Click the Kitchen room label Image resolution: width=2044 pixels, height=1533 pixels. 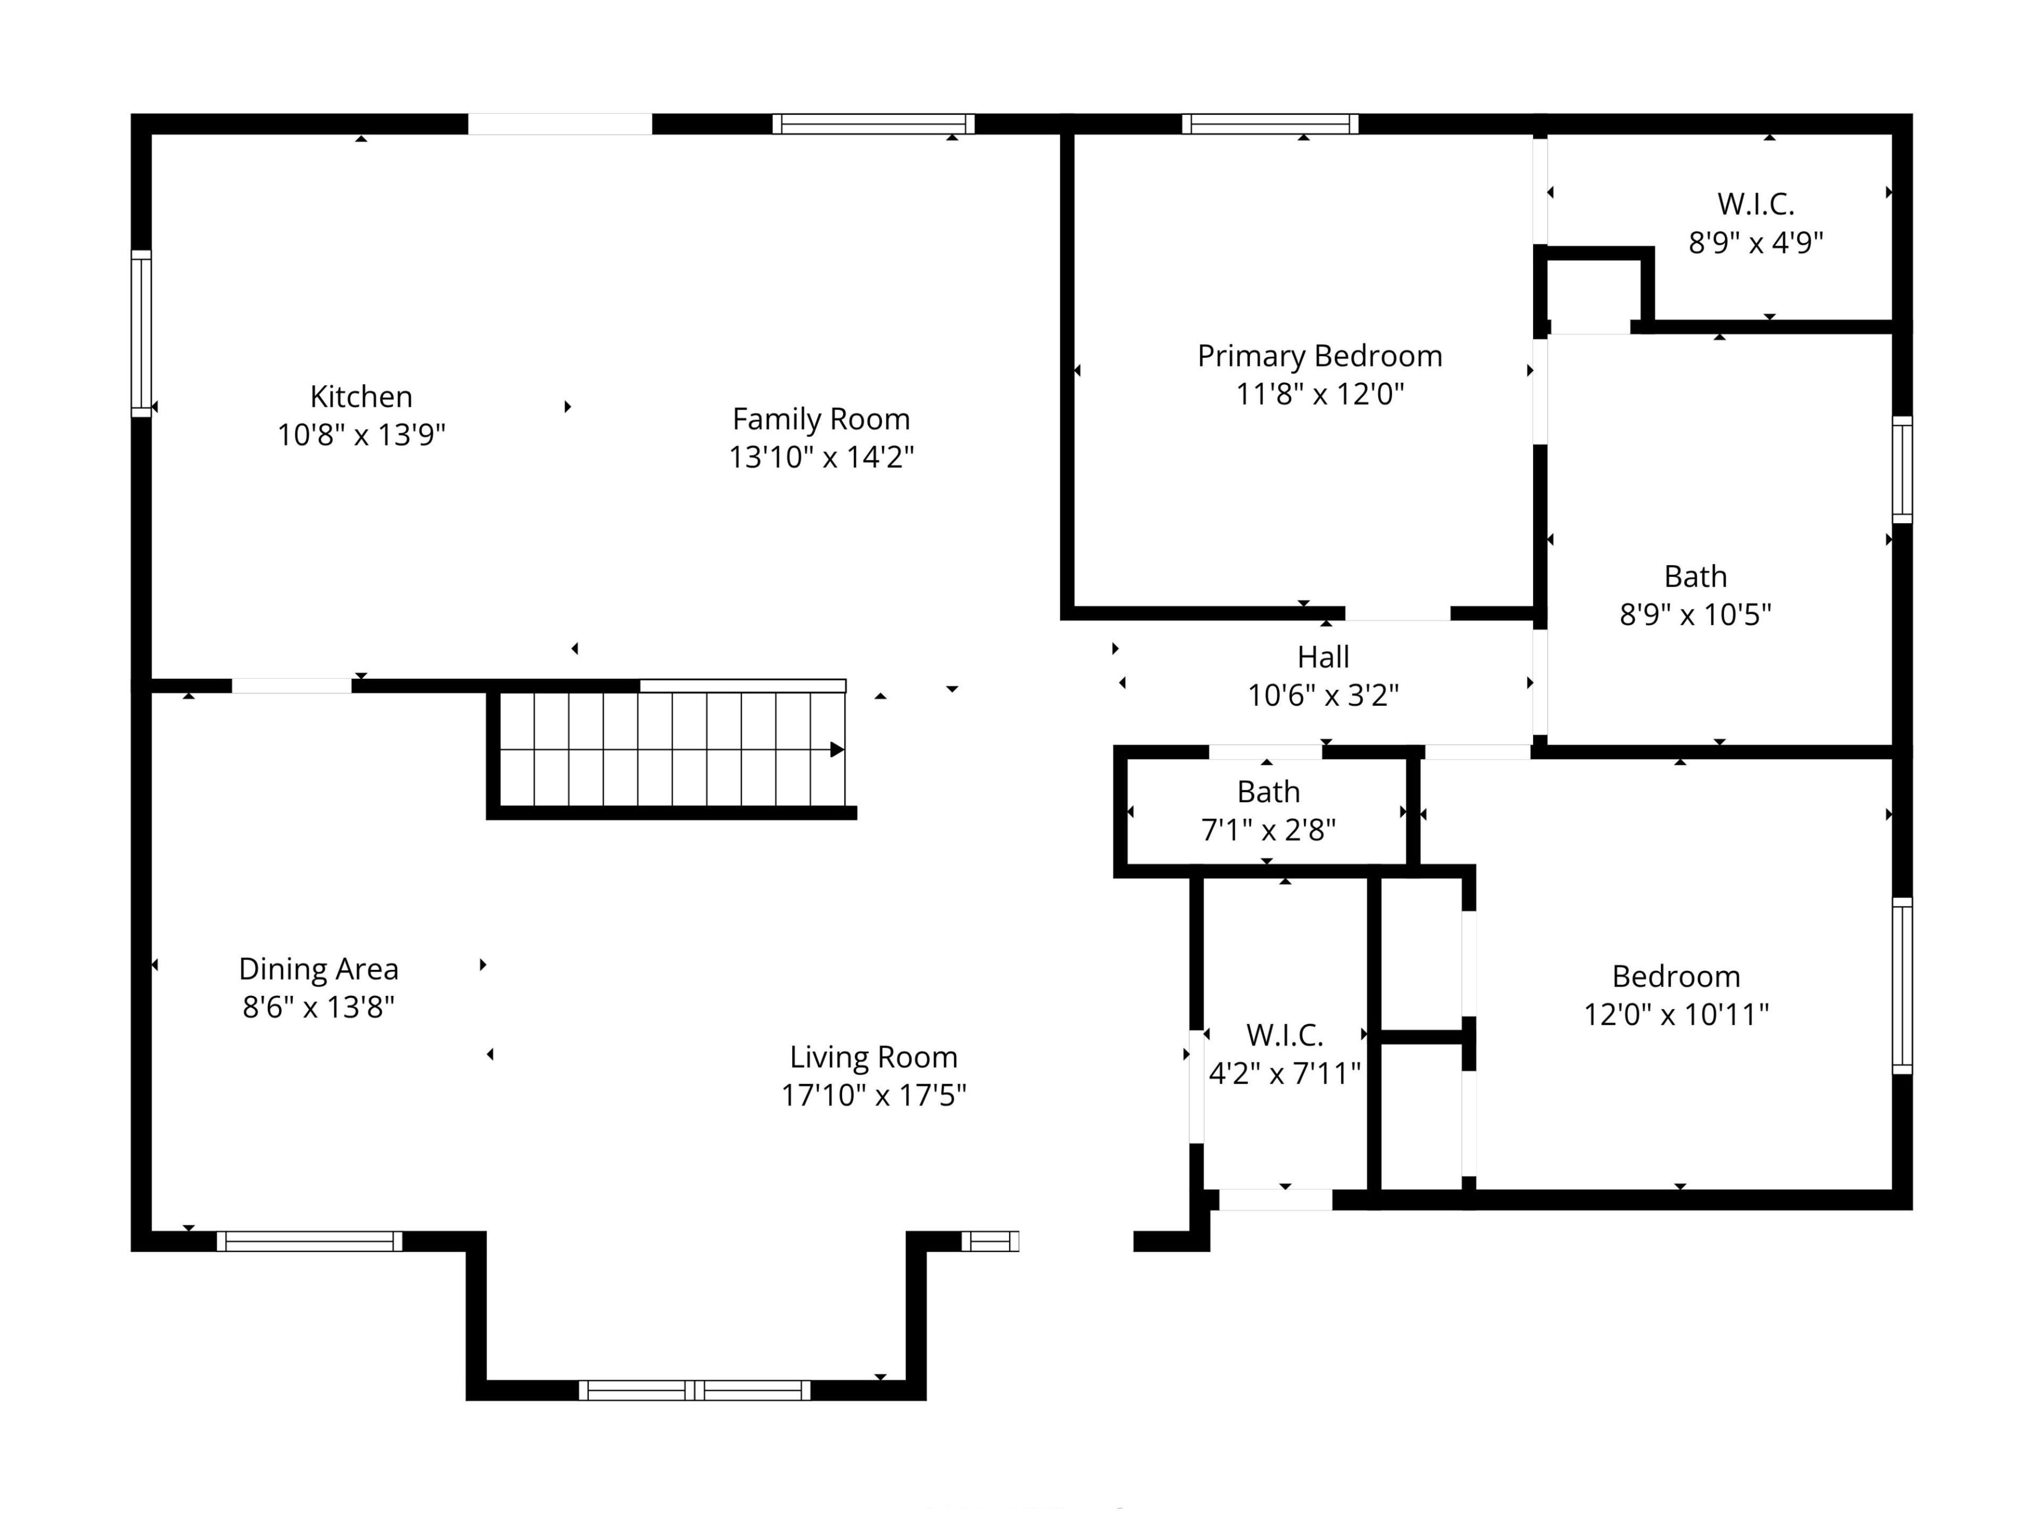coord(361,397)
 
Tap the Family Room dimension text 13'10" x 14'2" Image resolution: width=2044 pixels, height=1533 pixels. coord(821,457)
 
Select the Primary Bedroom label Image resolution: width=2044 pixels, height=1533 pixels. coord(1320,356)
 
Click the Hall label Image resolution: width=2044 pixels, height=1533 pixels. coord(1323,657)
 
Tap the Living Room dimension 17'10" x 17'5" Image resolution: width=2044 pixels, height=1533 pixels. coord(874,1095)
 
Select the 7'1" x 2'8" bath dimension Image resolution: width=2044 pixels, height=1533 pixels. coord(1269,830)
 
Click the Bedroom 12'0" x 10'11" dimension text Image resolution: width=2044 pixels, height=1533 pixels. coord(1676,1015)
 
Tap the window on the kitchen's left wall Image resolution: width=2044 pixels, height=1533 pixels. coord(142,334)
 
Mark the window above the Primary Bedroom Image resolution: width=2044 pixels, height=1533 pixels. coord(1271,124)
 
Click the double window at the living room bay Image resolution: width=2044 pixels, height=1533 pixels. coord(695,1390)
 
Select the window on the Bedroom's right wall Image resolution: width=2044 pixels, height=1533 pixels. coord(1902,985)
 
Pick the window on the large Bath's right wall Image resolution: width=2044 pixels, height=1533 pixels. coord(1902,469)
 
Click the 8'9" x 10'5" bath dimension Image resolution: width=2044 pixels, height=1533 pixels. coord(1696,614)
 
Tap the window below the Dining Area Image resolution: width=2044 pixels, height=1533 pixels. coord(310,1241)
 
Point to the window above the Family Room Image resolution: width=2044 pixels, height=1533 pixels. coord(874,124)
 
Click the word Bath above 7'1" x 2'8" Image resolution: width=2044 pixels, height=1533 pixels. coord(1269,792)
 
